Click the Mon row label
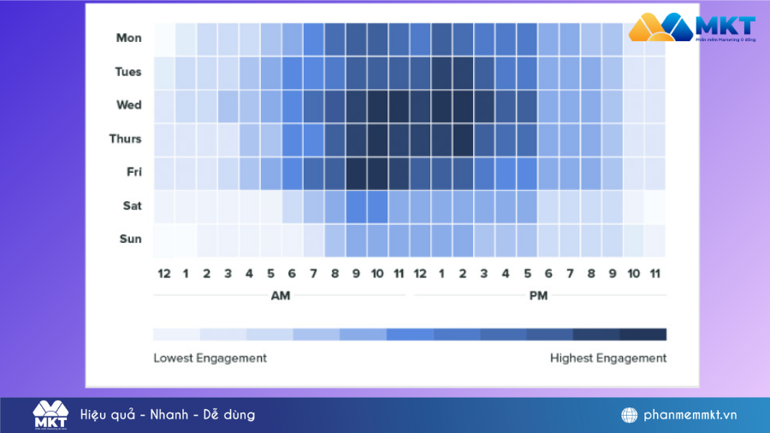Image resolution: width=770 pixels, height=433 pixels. tap(129, 38)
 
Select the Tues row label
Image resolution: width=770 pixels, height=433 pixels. tap(128, 72)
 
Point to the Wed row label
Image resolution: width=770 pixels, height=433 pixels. tap(129, 105)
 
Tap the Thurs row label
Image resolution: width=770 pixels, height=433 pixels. tap(126, 139)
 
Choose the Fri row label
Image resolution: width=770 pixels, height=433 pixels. tap(133, 172)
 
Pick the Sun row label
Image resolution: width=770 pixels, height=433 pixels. tap(130, 239)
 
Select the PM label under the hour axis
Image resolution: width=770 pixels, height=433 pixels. tap(538, 296)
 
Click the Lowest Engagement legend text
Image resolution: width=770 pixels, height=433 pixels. tap(210, 358)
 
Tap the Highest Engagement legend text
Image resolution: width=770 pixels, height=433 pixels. tap(607, 358)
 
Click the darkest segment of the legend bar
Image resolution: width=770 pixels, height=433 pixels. tap(643, 335)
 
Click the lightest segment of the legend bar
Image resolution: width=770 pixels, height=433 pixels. tap(176, 335)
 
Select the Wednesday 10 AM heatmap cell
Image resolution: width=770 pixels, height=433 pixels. tap(377, 105)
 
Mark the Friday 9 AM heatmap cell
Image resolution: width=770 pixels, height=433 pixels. tap(356, 172)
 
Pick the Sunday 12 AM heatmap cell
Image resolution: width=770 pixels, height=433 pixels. tap(164, 239)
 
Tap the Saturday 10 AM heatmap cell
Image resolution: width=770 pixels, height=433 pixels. tap(377, 205)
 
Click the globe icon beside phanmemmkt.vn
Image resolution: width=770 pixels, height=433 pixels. tap(630, 415)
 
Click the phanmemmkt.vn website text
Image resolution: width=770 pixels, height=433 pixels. tap(690, 415)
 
